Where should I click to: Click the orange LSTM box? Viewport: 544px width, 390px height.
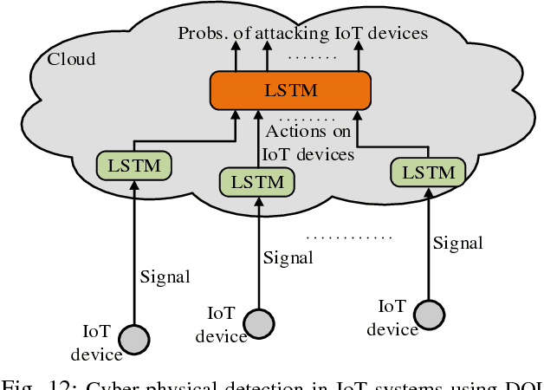coord(290,91)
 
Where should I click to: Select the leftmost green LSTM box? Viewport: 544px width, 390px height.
coord(133,165)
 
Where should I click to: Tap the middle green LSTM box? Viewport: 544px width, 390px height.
coord(256,181)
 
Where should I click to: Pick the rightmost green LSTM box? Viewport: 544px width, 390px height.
coord(428,172)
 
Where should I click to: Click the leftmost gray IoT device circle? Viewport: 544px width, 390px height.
coord(133,337)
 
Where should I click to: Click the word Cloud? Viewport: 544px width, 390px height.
coord(71,60)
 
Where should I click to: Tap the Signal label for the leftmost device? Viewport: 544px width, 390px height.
coord(165,276)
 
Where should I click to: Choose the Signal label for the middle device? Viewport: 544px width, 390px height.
coord(288,257)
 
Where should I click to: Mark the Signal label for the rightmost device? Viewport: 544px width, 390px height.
coord(458,244)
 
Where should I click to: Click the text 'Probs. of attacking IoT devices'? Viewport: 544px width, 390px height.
coord(302,34)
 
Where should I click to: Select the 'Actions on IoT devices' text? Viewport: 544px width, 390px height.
coord(308,143)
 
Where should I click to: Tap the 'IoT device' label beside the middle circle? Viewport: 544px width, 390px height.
coord(221,323)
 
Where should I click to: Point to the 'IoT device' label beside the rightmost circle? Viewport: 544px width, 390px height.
coord(392,317)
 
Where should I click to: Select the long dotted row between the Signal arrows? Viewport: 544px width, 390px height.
coord(349,236)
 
